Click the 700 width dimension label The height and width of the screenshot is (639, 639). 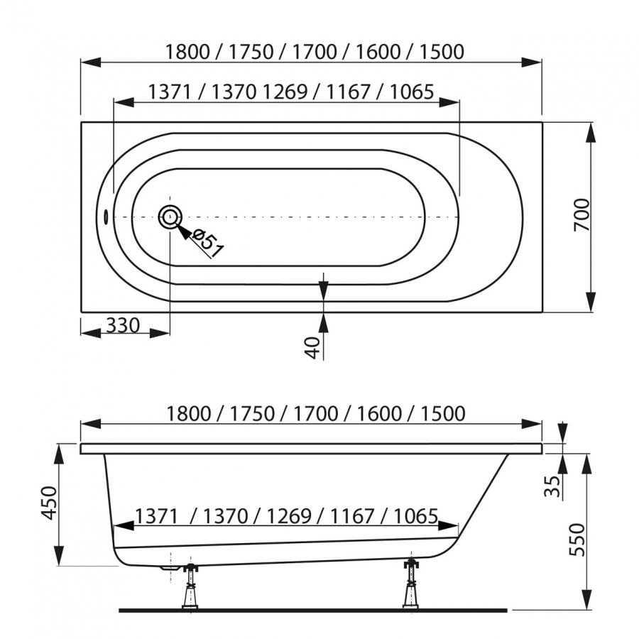click(582, 214)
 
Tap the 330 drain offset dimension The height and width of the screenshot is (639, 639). click(123, 326)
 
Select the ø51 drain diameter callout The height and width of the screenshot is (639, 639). click(208, 244)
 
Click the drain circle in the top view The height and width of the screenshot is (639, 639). click(170, 217)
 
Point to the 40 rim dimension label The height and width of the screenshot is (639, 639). click(313, 348)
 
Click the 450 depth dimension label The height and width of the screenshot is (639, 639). click(50, 503)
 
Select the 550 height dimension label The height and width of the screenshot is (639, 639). click(577, 540)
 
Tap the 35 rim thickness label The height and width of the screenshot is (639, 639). click(552, 486)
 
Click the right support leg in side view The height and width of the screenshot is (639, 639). click(411, 584)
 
